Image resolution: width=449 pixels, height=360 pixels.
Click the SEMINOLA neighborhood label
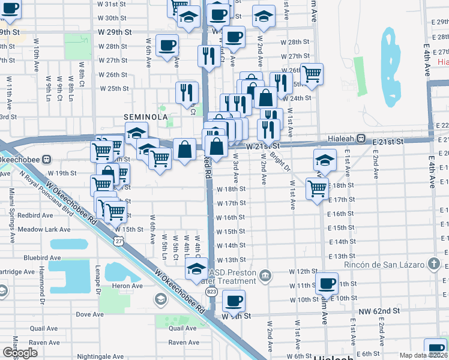pos(145,117)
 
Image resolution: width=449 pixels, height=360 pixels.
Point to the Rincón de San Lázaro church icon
pos(434,265)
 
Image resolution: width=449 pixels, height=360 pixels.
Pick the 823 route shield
pos(211,292)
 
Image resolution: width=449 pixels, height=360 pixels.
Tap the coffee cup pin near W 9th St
pos(233,300)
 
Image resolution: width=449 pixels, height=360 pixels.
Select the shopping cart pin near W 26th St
pos(311,74)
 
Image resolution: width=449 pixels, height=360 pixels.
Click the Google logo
pos(20,353)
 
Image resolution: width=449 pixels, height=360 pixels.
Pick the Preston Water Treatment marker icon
pos(267,276)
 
